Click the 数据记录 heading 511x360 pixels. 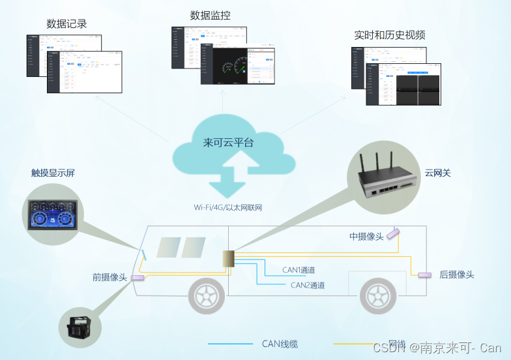pyautogui.click(x=66, y=24)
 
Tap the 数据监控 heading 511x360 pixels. pyautogui.click(x=210, y=15)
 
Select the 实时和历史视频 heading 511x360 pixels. pyautogui.click(x=390, y=35)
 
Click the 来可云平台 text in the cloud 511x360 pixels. pyautogui.click(x=228, y=143)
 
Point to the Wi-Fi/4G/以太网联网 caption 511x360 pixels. pyautogui.click(x=227, y=207)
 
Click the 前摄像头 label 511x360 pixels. pyautogui.click(x=109, y=277)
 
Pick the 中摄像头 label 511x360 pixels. pyautogui.click(x=366, y=236)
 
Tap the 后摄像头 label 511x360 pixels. pyautogui.click(x=456, y=275)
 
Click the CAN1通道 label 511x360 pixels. pyautogui.click(x=299, y=269)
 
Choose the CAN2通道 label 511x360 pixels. pyautogui.click(x=308, y=285)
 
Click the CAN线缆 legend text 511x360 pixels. pyautogui.click(x=280, y=344)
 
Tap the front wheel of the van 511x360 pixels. pyautogui.click(x=207, y=297)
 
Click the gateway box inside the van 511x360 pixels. pyautogui.click(x=228, y=262)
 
